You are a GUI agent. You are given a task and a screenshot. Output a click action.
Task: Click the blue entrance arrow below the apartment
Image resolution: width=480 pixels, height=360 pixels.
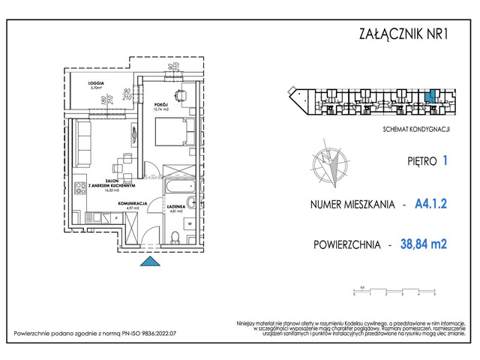[x=150, y=260]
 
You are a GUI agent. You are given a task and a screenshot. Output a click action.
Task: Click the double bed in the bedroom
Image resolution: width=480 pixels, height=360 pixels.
[x=166, y=135]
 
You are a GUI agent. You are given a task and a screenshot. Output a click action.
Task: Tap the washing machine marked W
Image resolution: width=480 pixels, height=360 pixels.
[x=189, y=223]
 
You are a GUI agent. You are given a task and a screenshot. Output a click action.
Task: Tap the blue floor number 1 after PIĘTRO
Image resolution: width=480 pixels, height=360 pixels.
[x=446, y=160]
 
